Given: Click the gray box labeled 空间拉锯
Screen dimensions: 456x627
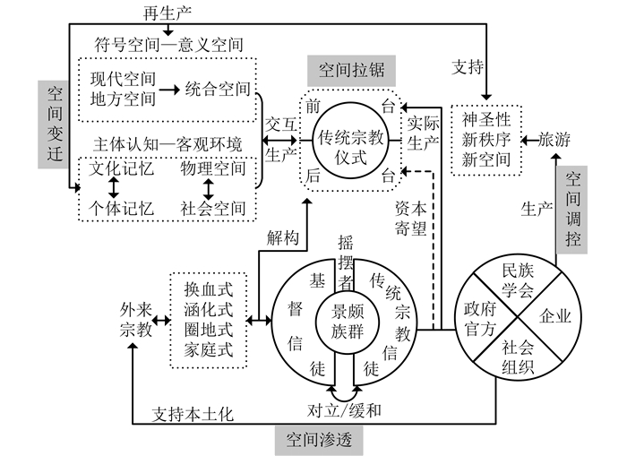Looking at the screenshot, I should coord(351,70).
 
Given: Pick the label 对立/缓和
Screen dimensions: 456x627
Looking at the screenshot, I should coord(345,411).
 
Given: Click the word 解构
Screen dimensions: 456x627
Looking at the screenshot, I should coord(282,237).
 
